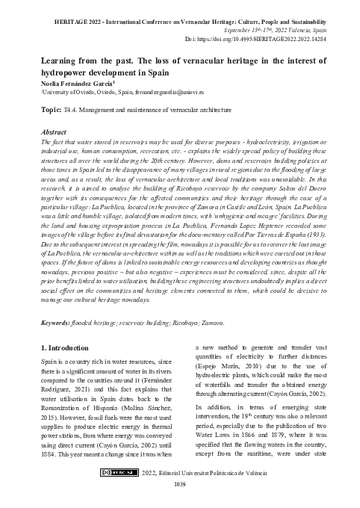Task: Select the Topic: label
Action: pos(51,108)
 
